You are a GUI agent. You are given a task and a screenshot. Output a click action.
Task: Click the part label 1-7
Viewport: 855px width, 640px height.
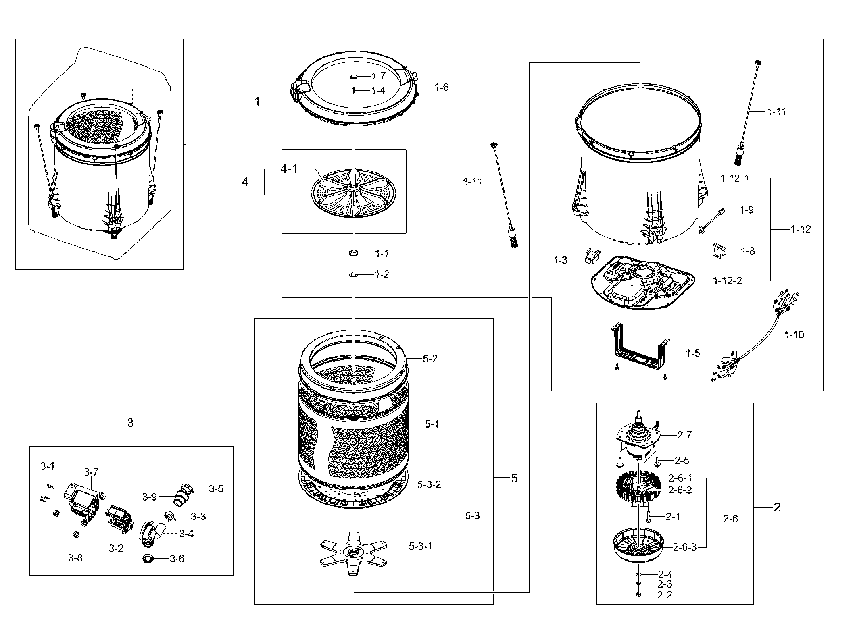coord(378,75)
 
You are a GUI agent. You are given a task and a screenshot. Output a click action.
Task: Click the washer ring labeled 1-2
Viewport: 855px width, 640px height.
coord(353,274)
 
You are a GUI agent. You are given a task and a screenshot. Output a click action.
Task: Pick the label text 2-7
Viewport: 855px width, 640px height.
coord(684,435)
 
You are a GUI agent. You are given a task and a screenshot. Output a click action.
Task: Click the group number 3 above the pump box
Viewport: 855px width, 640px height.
coord(130,423)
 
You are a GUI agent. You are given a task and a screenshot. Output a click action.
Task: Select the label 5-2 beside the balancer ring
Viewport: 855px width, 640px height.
coord(430,358)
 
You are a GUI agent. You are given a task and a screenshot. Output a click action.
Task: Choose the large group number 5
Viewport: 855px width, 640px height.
coord(514,478)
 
